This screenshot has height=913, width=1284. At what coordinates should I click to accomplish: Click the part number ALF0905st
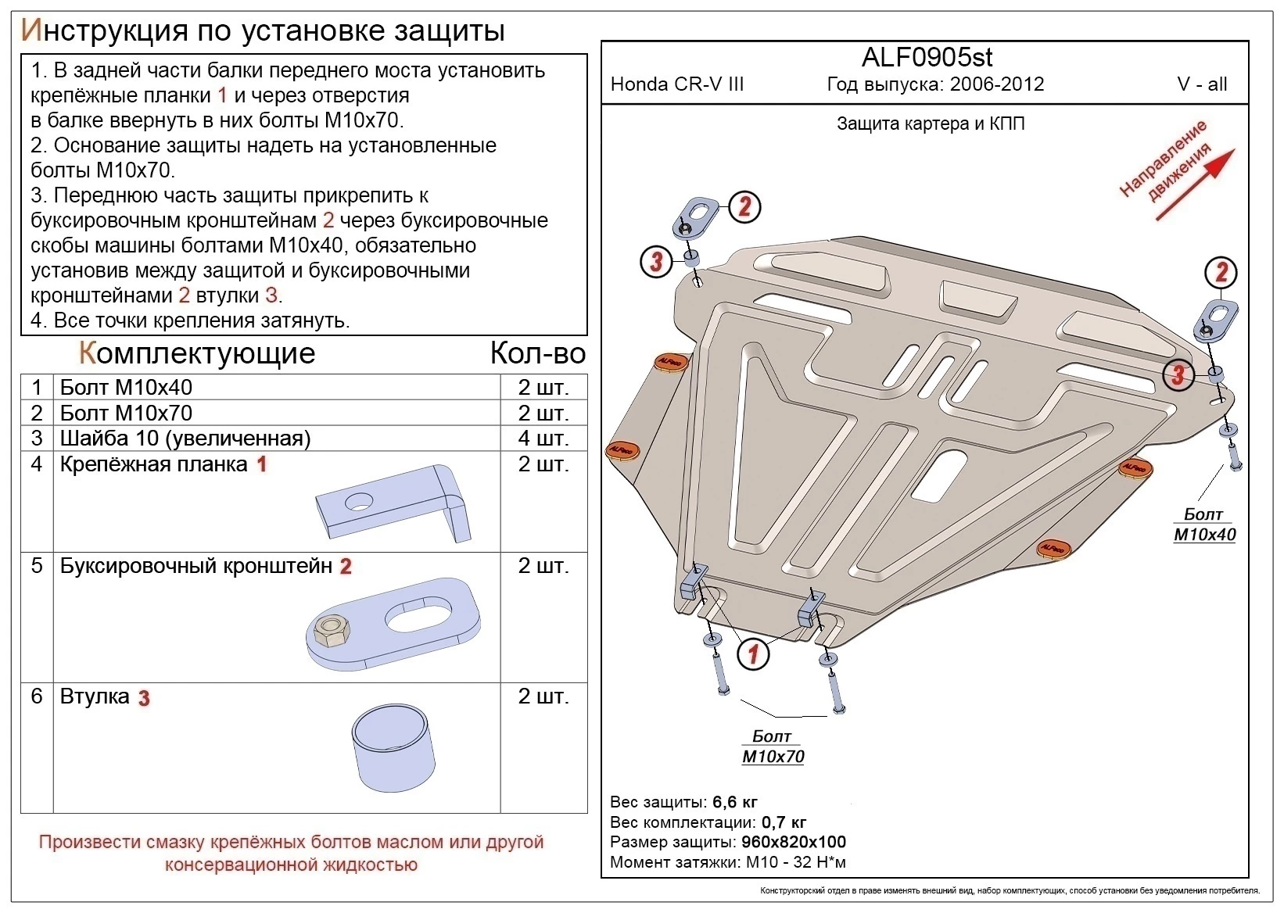pos(927,57)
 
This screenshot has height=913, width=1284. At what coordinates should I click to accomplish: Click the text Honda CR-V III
pos(676,84)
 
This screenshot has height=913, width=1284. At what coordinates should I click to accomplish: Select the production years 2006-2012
pos(997,84)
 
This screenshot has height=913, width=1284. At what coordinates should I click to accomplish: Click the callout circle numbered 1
pos(754,653)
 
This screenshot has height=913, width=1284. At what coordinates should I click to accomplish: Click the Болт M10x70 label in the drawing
pos(773,747)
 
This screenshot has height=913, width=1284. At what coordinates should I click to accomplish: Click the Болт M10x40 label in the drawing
pos(1204,525)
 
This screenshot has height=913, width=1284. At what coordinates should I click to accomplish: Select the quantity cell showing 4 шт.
pos(543,439)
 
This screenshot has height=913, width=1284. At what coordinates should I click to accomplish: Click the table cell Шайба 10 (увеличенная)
pos(185,439)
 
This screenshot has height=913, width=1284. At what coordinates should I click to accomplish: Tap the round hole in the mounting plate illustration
pos(359,503)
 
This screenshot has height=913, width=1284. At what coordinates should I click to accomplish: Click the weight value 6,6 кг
pos(735,802)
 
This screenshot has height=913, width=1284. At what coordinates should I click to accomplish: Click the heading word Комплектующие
pos(197,353)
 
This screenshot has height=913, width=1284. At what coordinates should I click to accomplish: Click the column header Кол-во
pos(537,353)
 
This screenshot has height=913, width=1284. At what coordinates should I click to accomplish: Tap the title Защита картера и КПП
pos(930,124)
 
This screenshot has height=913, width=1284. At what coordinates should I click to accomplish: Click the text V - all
pos(1202,84)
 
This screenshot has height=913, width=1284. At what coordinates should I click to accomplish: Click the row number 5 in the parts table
pos(37,565)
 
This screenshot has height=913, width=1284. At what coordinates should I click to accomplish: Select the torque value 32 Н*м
pos(816,862)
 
